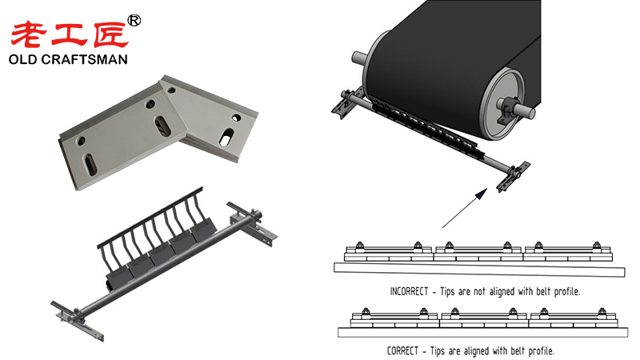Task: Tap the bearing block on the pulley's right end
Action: (506, 105)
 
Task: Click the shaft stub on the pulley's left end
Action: (357, 58)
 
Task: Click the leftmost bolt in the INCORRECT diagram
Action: (358, 245)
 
